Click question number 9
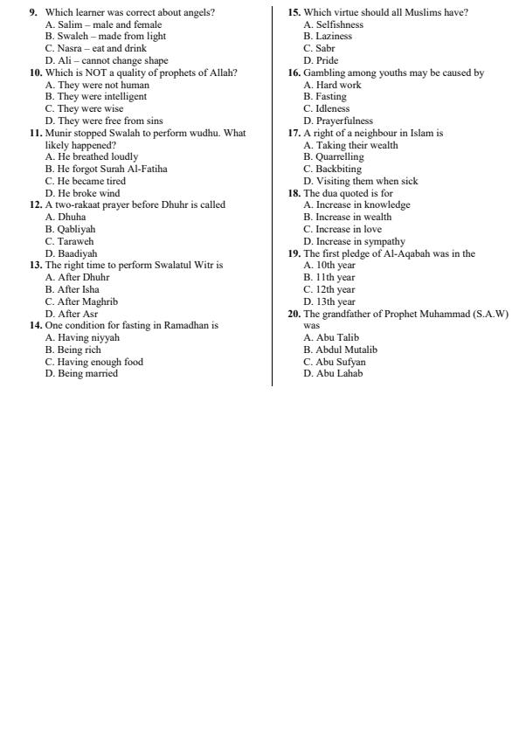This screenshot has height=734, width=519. click(33, 12)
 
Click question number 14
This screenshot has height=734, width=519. click(36, 325)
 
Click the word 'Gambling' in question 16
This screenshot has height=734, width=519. click(323, 73)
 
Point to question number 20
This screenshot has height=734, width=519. click(294, 313)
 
